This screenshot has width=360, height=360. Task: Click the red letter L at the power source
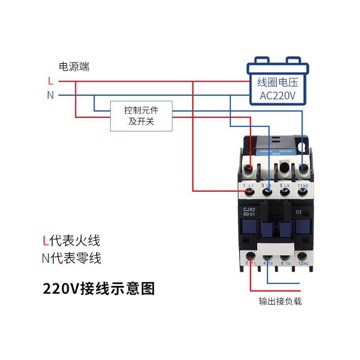(x=50, y=81)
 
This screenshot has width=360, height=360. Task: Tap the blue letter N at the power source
(x=50, y=95)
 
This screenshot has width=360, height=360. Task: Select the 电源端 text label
(x=74, y=67)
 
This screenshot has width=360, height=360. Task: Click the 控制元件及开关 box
(x=141, y=116)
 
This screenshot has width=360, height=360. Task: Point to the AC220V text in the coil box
(x=277, y=95)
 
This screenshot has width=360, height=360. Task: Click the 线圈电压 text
(x=278, y=82)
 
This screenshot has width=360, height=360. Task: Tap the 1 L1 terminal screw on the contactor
(x=248, y=193)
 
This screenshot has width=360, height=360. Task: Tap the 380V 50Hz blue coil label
(x=274, y=152)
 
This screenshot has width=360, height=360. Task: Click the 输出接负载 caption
(x=280, y=301)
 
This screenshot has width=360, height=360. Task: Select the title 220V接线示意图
(x=99, y=288)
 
